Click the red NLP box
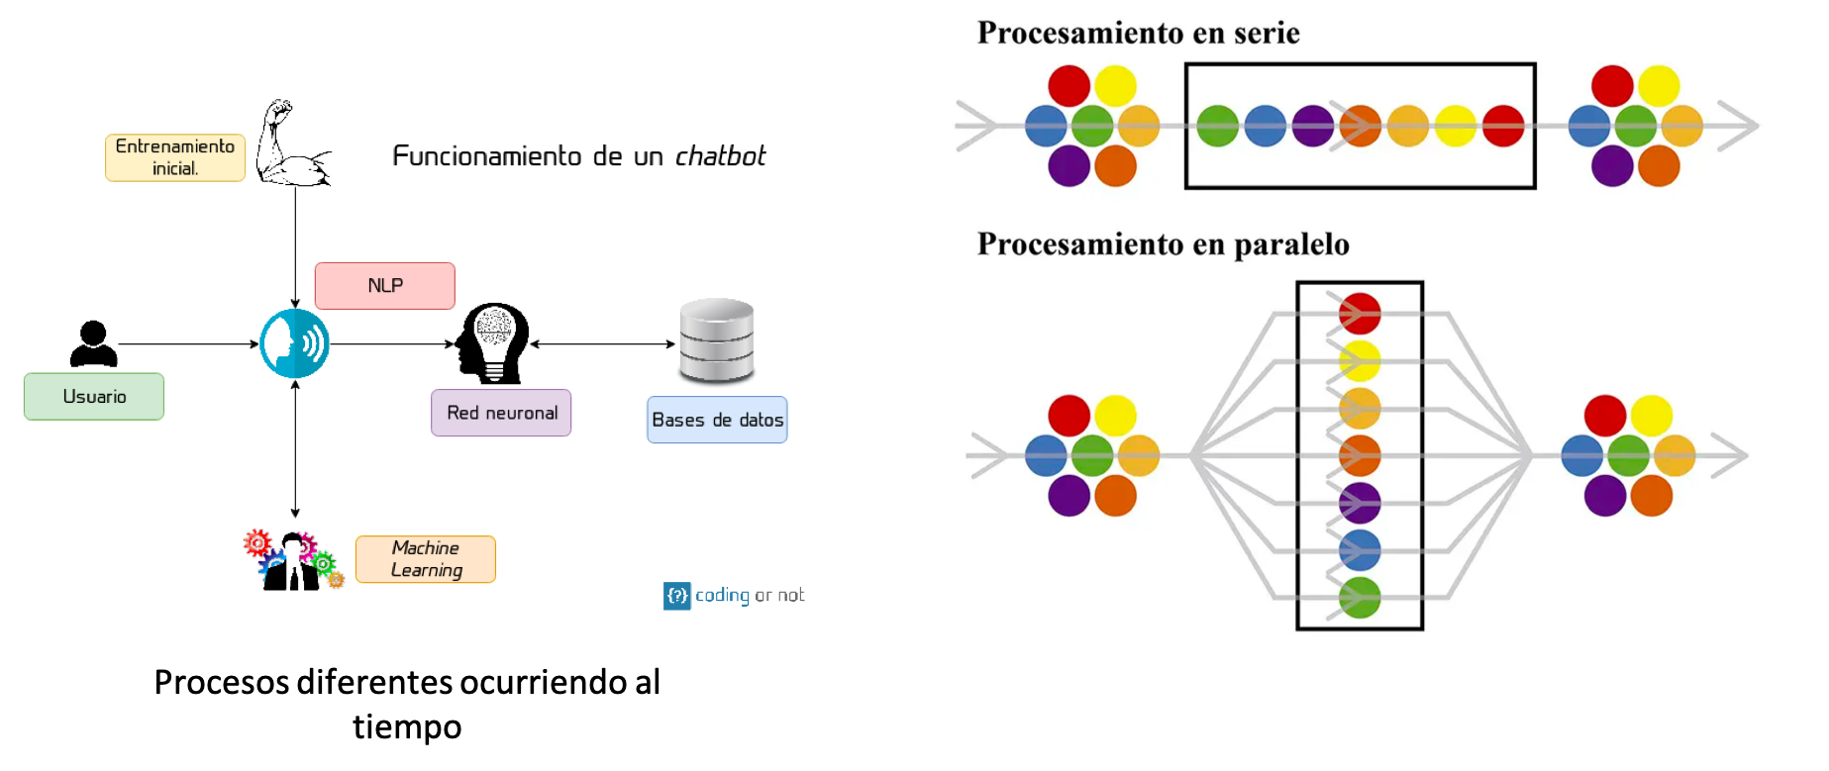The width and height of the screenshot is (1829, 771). pos(384,286)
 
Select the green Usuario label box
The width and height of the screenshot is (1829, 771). pos(94,397)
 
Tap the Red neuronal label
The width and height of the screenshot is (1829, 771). pos(501,413)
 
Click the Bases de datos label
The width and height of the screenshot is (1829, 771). pos(717,420)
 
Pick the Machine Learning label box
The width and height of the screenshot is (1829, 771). pos(426,559)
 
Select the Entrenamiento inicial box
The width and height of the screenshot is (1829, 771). pos(175,157)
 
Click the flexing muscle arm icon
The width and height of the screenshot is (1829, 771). pos(290,144)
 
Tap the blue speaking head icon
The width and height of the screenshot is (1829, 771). pos(295,343)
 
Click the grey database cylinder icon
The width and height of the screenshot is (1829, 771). pos(717,341)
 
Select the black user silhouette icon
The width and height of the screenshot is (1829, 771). pos(94,343)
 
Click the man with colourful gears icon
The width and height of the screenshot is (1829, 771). pos(293,561)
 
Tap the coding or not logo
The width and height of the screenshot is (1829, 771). pos(734,595)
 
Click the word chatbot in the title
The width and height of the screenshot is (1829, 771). pos(720,156)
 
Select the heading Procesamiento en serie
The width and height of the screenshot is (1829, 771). pos(1138,33)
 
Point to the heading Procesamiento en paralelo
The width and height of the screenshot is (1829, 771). pos(1163,243)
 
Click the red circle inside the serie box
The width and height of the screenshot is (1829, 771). pos(1503,126)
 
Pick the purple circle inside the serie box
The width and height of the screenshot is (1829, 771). pos(1313,126)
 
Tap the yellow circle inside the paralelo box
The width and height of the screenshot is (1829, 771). pos(1360,361)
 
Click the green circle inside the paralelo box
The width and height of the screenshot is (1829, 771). pos(1360,598)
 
